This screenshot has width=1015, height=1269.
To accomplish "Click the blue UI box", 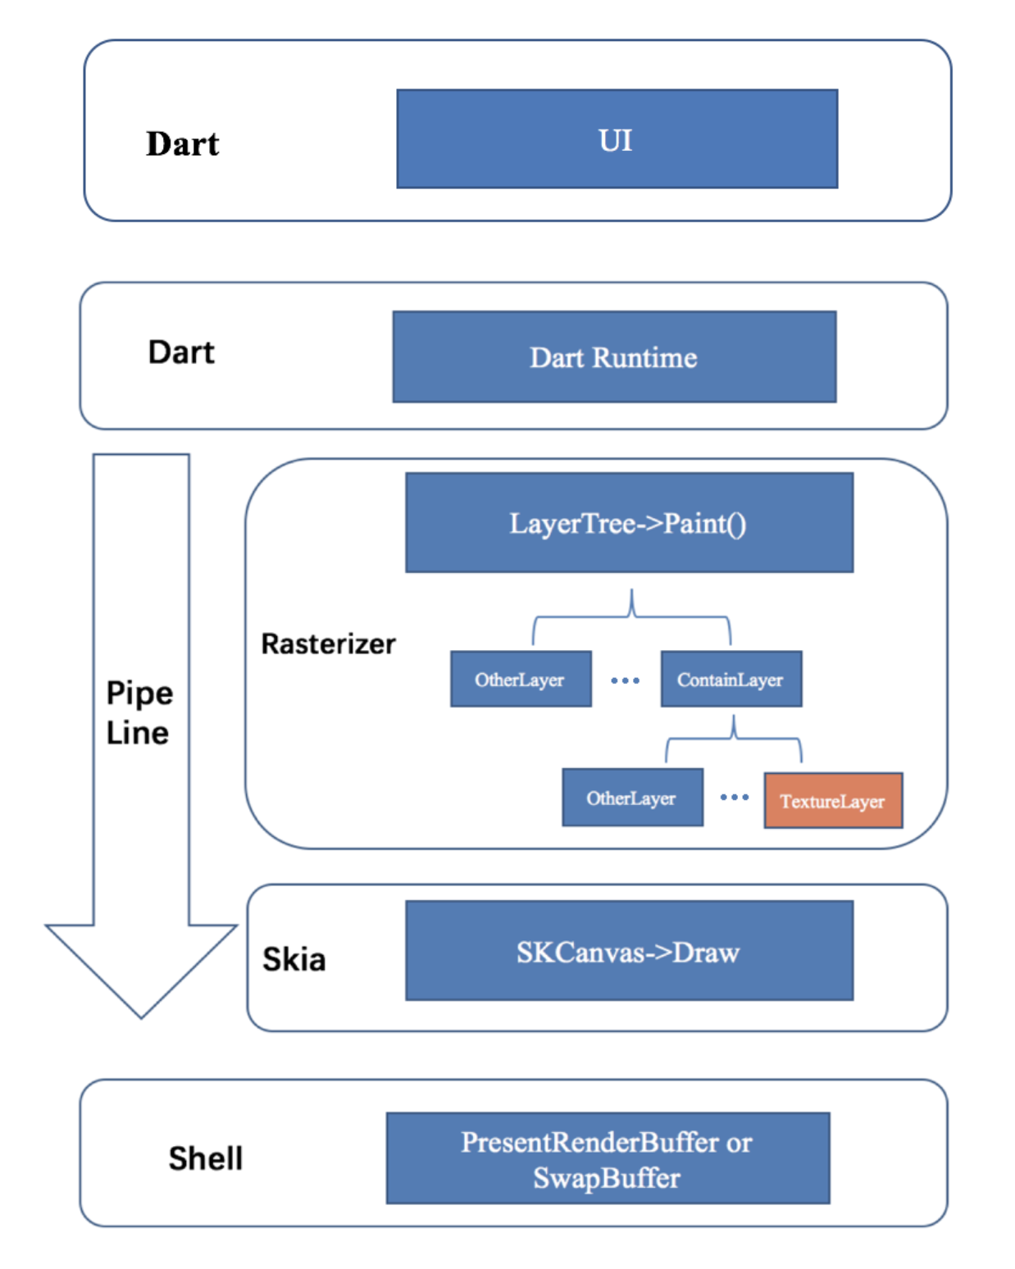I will tap(617, 139).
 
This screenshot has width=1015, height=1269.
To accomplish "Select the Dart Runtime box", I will tap(614, 357).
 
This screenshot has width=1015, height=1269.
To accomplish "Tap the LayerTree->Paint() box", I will tap(629, 523).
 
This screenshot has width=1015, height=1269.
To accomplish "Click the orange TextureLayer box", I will tap(833, 801).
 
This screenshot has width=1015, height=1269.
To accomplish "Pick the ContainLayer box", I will tap(731, 680).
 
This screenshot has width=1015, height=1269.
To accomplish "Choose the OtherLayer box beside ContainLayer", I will tap(521, 680).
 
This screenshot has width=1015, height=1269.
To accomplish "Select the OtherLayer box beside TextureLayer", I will tap(632, 798).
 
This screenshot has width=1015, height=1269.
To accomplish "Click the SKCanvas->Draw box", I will tap(629, 951).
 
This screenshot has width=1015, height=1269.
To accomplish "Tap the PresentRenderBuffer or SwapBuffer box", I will tap(608, 1158).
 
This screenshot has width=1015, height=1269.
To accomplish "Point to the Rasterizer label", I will tap(328, 644).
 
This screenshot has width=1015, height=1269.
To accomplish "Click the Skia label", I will tap(294, 959).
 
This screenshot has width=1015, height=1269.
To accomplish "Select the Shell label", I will tap(206, 1158).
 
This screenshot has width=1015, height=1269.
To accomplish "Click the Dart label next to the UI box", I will tap(183, 143).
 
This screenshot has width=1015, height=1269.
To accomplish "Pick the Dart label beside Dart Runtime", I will tap(181, 352).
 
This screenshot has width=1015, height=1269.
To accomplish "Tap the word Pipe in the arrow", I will tap(139, 694).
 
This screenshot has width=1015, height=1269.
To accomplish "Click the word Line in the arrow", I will tap(138, 733).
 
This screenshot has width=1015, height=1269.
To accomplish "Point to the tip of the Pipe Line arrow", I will tap(141, 1015).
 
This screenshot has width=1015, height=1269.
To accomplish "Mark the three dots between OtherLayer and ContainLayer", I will tap(625, 680).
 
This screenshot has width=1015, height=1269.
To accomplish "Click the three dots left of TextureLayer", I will tap(734, 797).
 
